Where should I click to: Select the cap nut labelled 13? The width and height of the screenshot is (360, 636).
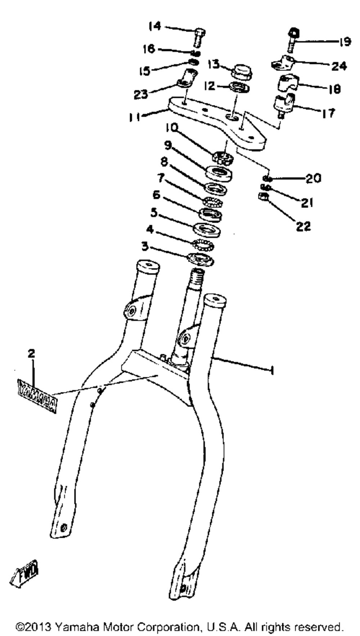click(242, 71)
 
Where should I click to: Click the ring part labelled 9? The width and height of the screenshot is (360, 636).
click(219, 172)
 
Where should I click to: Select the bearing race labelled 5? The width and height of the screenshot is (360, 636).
click(207, 229)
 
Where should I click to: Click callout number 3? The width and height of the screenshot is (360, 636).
click(144, 246)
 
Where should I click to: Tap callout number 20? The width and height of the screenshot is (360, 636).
click(313, 178)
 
